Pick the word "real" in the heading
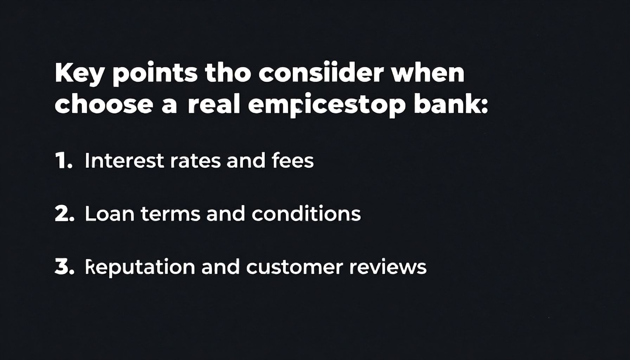tap(214, 104)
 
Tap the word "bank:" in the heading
tap(451, 104)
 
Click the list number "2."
tap(64, 214)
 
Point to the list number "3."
tap(64, 267)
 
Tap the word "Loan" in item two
tap(109, 214)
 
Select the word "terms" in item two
tap(171, 214)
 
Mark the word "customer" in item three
tap(294, 267)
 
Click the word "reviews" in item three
tap(388, 267)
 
